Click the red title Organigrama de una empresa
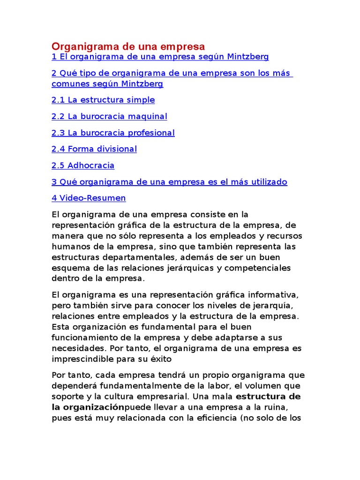pyautogui.click(x=128, y=46)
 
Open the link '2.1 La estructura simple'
pyautogui.click(x=103, y=100)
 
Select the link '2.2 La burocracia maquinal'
pyautogui.click(x=109, y=116)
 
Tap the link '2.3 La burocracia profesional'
pyautogui.click(x=113, y=133)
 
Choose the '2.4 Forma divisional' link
pyautogui.click(x=94, y=149)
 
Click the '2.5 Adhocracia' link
pyautogui.click(x=83, y=165)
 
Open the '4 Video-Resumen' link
pyautogui.click(x=89, y=198)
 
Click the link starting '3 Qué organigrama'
pyautogui.click(x=169, y=182)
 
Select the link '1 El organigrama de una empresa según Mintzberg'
pyautogui.click(x=160, y=57)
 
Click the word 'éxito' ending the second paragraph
pyautogui.click(x=162, y=360)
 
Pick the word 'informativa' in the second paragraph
pyautogui.click(x=271, y=295)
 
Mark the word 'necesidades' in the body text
pyautogui.click(x=77, y=349)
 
